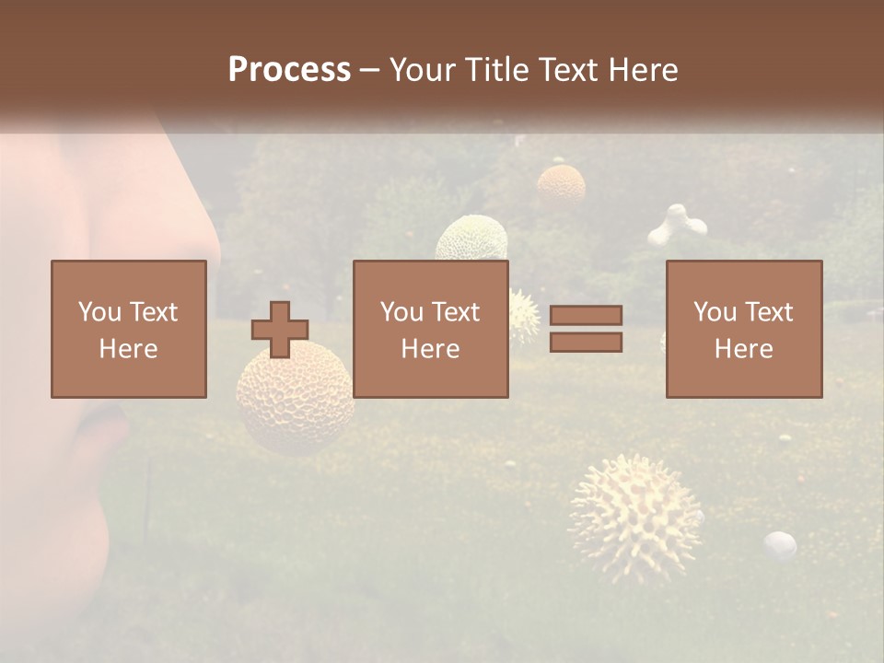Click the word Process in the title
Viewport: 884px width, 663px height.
(289, 70)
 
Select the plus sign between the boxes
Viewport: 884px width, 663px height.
(280, 329)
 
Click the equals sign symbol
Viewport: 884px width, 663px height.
(586, 329)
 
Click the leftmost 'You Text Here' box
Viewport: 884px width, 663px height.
(129, 329)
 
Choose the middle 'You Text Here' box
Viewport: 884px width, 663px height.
(431, 329)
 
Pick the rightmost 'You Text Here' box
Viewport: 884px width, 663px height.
(744, 329)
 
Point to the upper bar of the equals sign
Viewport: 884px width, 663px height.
(586, 316)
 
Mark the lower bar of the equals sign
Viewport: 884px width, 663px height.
(586, 342)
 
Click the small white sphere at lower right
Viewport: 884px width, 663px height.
(781, 544)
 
